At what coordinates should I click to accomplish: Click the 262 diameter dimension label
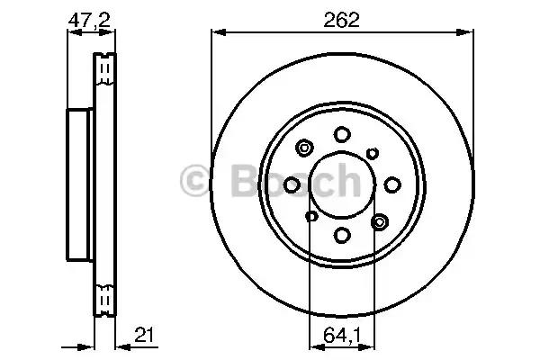(x=341, y=20)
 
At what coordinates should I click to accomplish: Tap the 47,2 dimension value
(x=89, y=21)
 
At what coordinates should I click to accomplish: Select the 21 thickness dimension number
(x=145, y=335)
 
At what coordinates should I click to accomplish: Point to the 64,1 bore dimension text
(x=342, y=335)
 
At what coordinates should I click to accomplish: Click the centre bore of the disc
(x=342, y=185)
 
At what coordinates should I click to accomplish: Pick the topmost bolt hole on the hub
(x=342, y=134)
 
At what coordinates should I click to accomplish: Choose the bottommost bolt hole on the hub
(x=342, y=235)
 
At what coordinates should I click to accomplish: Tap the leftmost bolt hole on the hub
(x=292, y=184)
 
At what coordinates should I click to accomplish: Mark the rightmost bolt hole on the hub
(x=392, y=184)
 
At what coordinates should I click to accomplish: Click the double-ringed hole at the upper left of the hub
(x=304, y=148)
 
